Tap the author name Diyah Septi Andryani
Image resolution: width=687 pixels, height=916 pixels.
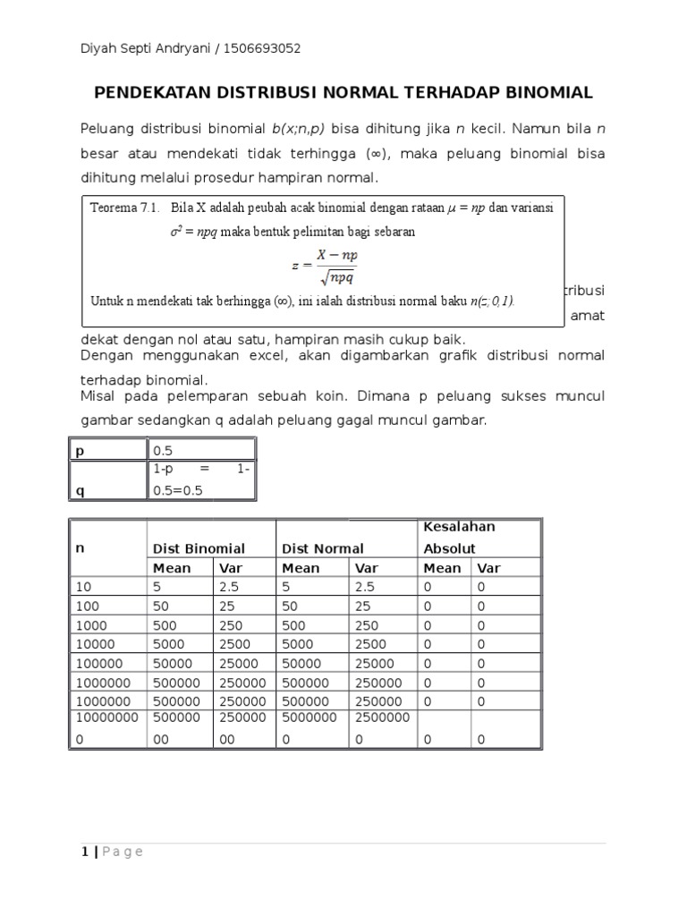145,48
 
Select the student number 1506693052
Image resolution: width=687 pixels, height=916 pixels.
267,48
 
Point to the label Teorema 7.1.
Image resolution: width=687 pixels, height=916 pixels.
124,208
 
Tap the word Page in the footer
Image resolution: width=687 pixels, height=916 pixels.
123,852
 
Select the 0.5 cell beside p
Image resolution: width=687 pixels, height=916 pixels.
164,452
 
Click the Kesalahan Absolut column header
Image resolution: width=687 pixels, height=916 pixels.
459,537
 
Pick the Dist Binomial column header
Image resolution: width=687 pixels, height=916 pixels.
199,548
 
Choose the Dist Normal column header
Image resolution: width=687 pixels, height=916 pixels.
323,548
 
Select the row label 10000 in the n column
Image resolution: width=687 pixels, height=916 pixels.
93,644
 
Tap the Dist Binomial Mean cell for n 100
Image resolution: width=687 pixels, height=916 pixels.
162,606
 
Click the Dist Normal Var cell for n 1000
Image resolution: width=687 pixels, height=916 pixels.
367,625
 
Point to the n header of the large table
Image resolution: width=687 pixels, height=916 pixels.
80,548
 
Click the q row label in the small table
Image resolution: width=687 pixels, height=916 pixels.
80,490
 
